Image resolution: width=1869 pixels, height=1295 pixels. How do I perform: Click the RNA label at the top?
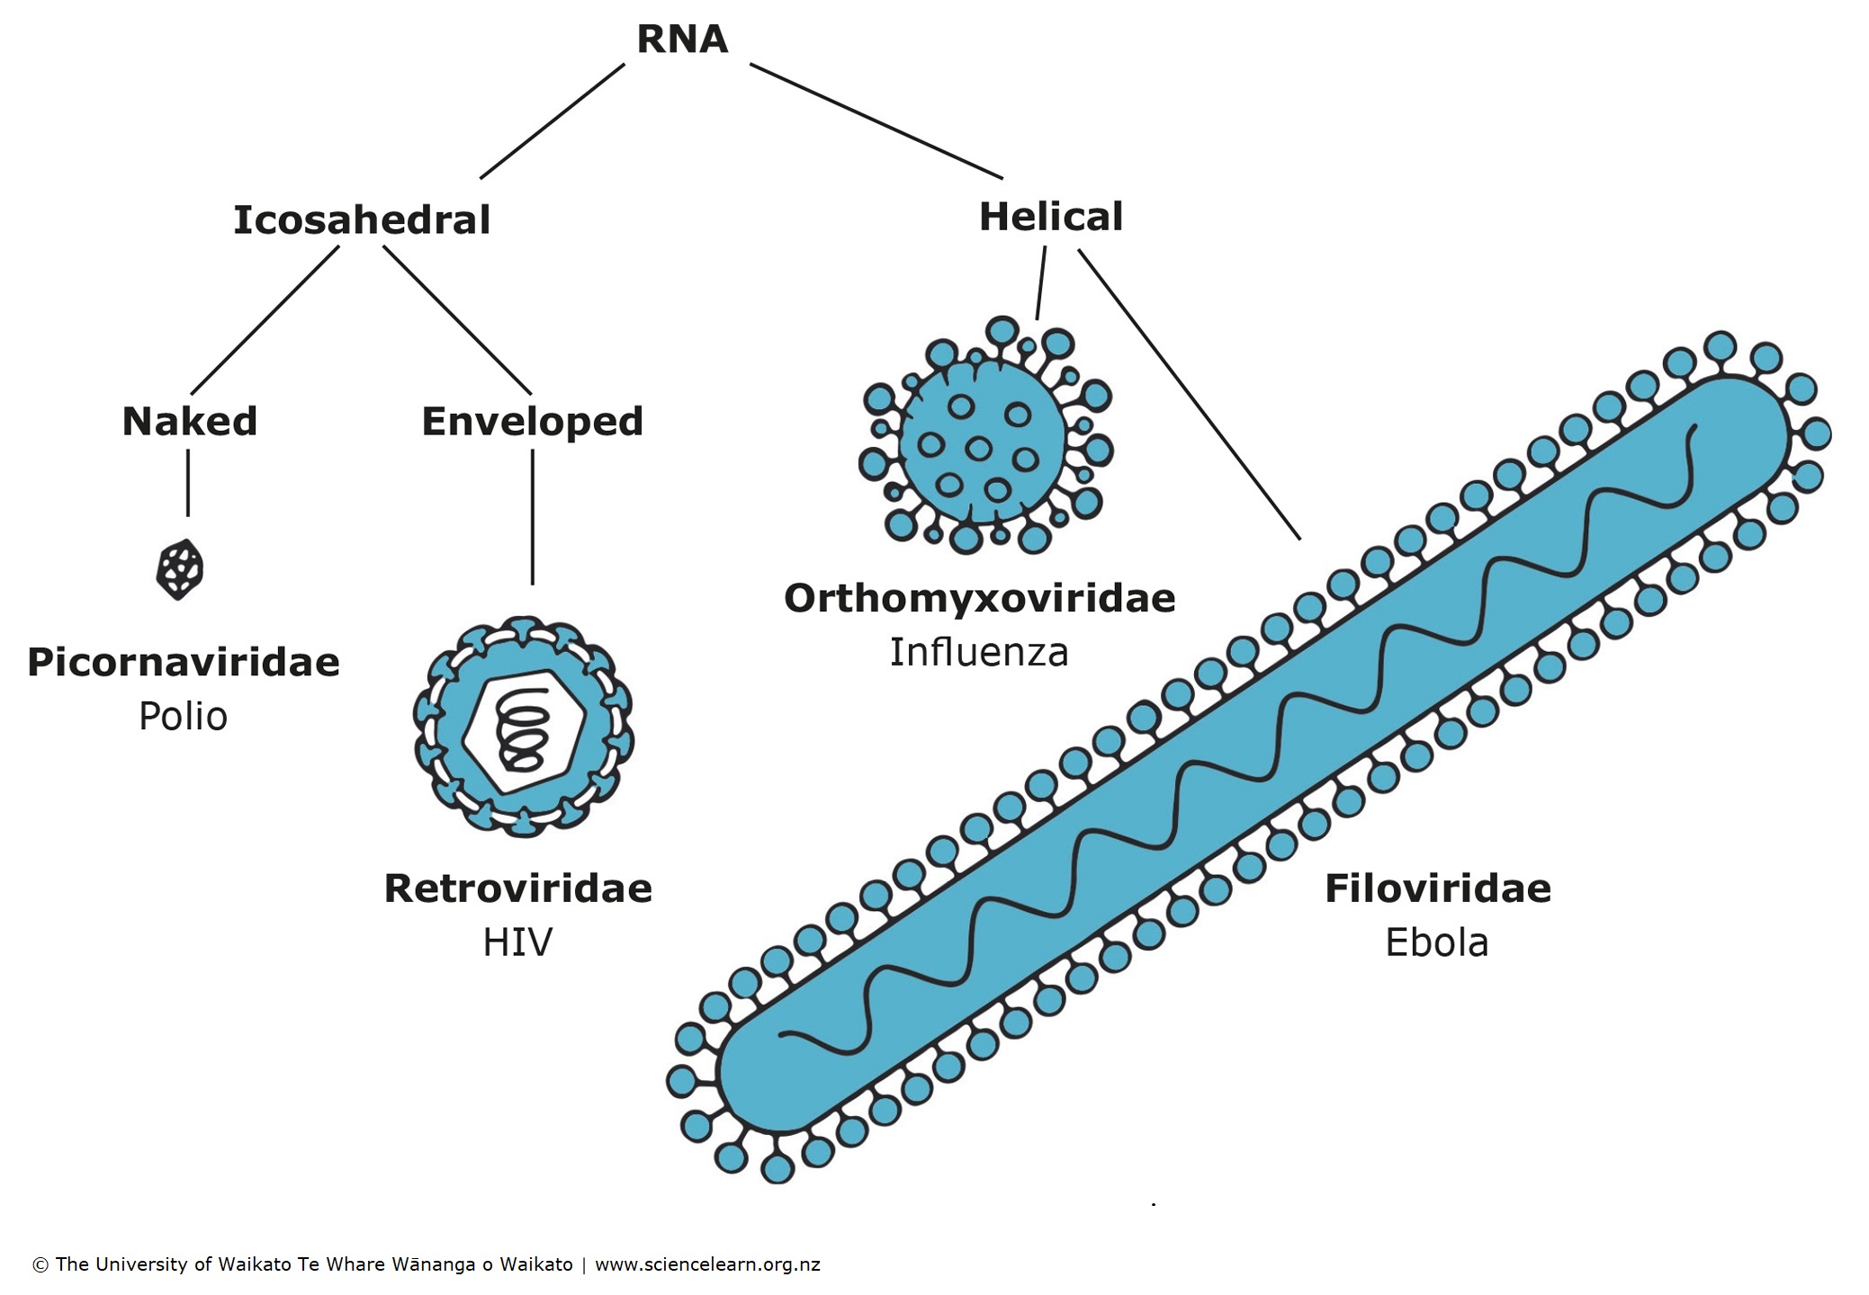(681, 40)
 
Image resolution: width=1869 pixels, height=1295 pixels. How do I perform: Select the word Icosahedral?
(362, 220)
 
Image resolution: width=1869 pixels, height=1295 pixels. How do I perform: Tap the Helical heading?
(1050, 217)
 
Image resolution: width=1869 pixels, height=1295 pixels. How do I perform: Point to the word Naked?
(189, 421)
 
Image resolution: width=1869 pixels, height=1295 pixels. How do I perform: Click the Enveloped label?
(532, 421)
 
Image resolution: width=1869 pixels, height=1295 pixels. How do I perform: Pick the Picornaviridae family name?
(184, 663)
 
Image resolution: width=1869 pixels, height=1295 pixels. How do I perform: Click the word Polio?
(183, 717)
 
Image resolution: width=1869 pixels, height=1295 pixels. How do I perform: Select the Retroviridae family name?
(517, 889)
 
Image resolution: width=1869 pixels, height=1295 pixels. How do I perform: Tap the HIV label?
(517, 942)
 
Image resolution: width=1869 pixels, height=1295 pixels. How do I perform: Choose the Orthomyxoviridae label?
(979, 598)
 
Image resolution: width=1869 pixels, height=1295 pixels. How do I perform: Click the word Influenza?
(979, 652)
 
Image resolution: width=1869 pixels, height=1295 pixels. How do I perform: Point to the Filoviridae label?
(1437, 889)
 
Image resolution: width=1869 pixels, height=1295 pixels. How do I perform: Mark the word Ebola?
(1437, 942)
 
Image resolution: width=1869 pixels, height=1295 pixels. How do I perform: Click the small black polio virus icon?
(179, 569)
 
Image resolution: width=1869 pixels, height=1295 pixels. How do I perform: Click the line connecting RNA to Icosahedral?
(552, 121)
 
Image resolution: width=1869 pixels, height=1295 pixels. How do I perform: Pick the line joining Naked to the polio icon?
(188, 483)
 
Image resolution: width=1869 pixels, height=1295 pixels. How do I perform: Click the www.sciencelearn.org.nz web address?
(707, 1264)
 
